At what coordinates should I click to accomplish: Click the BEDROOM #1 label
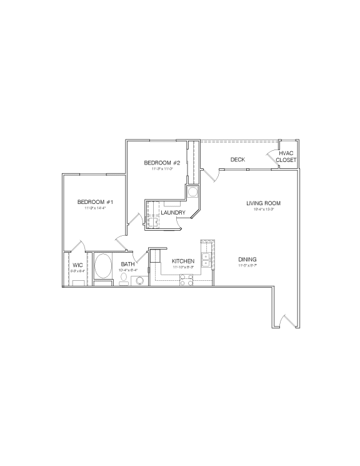tap(95, 201)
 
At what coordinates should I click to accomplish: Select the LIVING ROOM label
tap(262, 203)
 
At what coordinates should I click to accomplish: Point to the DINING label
tap(247, 260)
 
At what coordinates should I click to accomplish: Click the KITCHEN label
tap(183, 261)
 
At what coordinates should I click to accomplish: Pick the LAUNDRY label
tap(173, 213)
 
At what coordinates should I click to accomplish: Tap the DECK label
tap(237, 160)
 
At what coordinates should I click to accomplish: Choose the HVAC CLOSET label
tap(286, 156)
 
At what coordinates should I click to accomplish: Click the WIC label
tap(77, 265)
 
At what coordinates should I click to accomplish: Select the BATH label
tap(127, 264)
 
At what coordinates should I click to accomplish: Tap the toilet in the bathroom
tap(124, 283)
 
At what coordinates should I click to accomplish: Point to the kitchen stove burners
tap(186, 281)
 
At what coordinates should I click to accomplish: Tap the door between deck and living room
tap(211, 175)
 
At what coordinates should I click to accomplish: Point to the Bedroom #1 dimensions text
tap(95, 208)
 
